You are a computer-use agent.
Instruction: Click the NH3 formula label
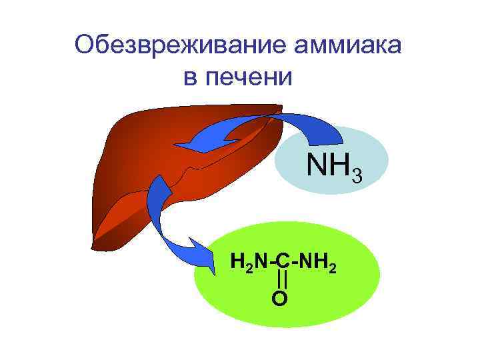coord(333,165)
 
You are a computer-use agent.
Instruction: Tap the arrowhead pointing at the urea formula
coord(203,257)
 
